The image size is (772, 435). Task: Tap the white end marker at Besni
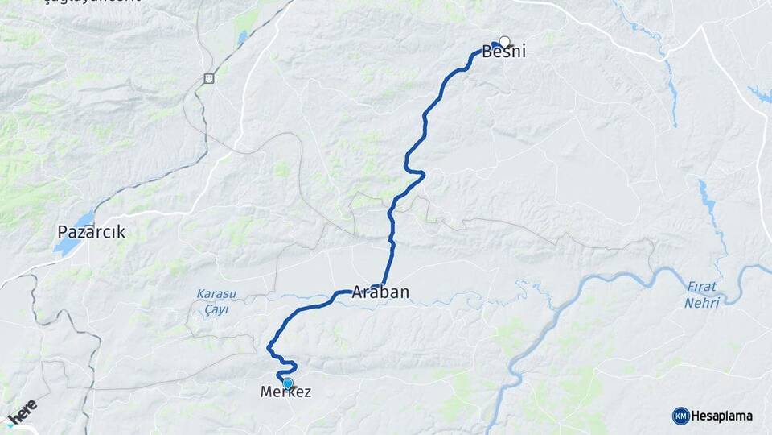coord(505,42)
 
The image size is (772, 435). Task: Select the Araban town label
coord(380,293)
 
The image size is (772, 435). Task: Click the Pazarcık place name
coord(91,232)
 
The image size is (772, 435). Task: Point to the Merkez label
coord(285,392)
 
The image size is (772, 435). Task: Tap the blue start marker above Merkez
coord(287,383)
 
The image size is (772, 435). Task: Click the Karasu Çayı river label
coord(212,302)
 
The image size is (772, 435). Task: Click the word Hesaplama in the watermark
coord(721,416)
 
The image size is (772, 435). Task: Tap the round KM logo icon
coord(680,416)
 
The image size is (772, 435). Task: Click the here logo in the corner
coord(23,413)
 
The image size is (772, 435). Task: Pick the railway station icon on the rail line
coord(209,78)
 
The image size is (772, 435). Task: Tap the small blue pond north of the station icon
coord(242,36)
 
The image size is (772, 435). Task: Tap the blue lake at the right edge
coord(760,94)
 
